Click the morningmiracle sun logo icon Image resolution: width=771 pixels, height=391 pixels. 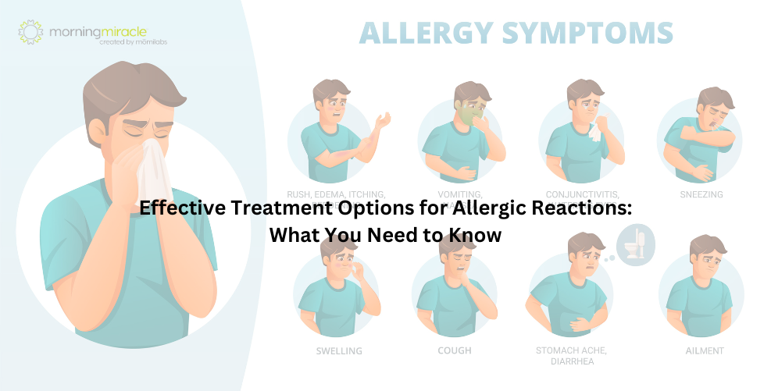coord(30,32)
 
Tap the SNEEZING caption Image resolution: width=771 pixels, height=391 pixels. coord(701,194)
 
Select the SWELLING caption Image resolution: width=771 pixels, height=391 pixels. coord(339,351)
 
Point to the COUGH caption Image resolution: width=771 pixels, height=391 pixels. coord(454,350)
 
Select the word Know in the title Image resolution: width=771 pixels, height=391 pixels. coord(477,235)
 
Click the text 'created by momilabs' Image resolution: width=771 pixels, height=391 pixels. coord(133,42)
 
